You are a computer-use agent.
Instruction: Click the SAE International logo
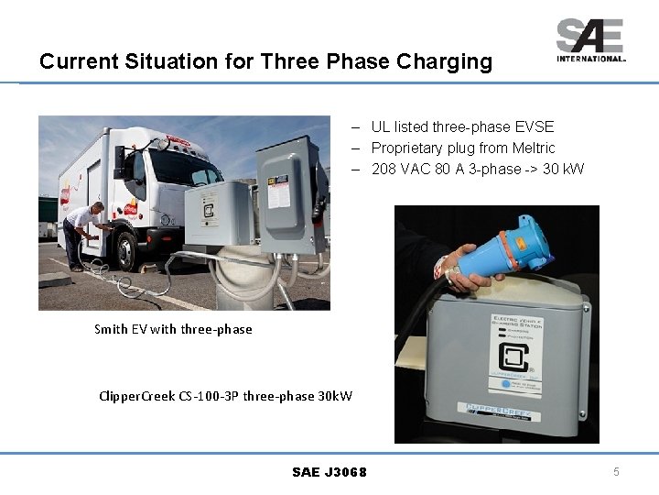pos(590,39)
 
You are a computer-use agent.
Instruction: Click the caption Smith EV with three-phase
pos(173,329)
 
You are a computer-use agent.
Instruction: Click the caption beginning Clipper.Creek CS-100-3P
pos(225,396)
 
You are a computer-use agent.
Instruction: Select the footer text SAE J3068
pos(329,472)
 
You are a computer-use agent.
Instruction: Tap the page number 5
pos(616,472)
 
